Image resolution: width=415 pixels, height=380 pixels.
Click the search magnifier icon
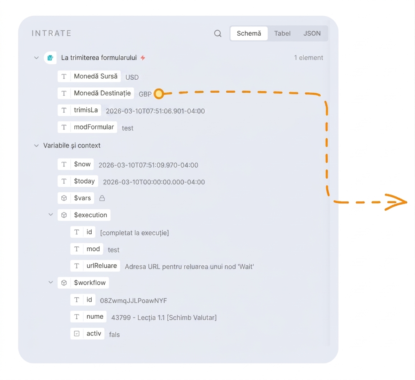click(x=217, y=34)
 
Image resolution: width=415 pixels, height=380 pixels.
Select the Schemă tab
click(x=249, y=33)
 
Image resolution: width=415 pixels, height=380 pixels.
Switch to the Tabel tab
click(x=282, y=33)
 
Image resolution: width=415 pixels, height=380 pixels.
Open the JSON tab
click(x=312, y=33)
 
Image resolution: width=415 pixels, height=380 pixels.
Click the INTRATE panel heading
click(x=52, y=33)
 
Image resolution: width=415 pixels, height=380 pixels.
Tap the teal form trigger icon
click(x=50, y=57)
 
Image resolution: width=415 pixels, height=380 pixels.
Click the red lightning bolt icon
click(x=143, y=57)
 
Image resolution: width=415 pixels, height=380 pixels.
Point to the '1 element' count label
click(x=308, y=57)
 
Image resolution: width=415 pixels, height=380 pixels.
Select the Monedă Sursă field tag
click(x=89, y=76)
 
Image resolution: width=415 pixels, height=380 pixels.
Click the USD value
click(x=132, y=77)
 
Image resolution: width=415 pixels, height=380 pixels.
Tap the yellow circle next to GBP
click(x=159, y=93)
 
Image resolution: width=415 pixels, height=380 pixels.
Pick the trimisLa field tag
click(x=79, y=110)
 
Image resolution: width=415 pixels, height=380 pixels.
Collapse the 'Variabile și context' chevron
click(x=36, y=146)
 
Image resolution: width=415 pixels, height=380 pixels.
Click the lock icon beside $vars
click(x=102, y=198)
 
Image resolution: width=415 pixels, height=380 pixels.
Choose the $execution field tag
click(x=84, y=215)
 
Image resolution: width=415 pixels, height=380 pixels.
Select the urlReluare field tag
click(x=95, y=266)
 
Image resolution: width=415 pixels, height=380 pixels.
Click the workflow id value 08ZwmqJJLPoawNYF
click(x=133, y=301)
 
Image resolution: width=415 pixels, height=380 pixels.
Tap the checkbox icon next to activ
click(x=77, y=334)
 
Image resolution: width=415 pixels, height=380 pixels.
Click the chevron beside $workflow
click(x=51, y=282)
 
